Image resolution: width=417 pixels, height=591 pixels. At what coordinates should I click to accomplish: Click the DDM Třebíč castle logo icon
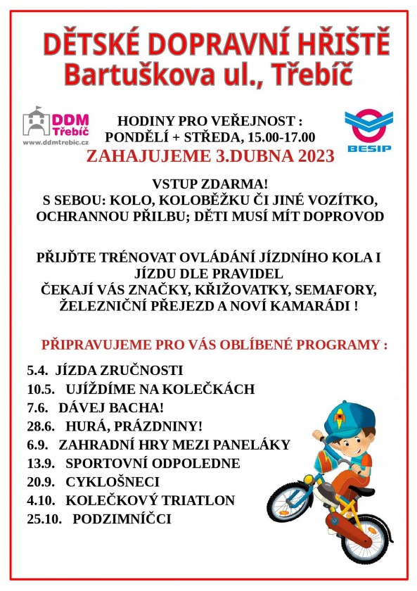(x=37, y=121)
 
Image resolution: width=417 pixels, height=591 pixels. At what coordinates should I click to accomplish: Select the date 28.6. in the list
(x=41, y=426)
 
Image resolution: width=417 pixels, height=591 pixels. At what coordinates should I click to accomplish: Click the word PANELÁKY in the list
(x=253, y=445)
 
